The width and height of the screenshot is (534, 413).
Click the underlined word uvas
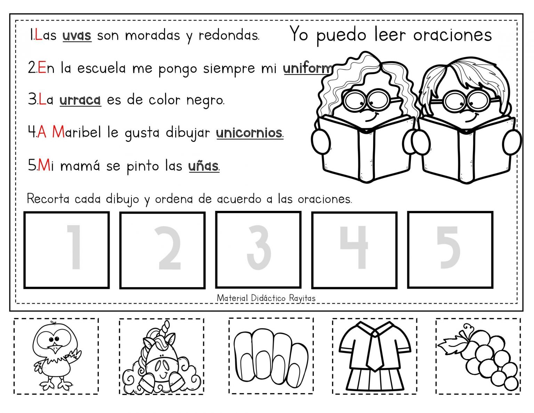pyautogui.click(x=77, y=35)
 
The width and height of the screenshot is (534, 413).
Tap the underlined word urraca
pyautogui.click(x=80, y=100)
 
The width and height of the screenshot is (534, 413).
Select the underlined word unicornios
pyautogui.click(x=250, y=133)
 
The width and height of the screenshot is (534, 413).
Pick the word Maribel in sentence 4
pyautogui.click(x=76, y=133)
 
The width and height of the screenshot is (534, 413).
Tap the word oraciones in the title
pyautogui.click(x=452, y=35)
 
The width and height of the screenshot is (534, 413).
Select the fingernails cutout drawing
pyautogui.click(x=271, y=355)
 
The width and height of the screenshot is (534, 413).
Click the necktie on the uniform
pyautogui.click(x=374, y=351)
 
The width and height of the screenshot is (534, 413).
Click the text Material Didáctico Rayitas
pyautogui.click(x=266, y=298)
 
